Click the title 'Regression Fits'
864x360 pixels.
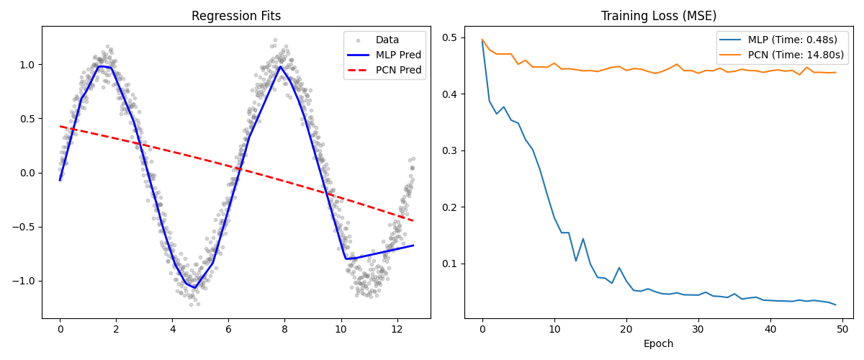tap(236, 16)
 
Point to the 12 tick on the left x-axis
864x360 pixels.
tap(397, 329)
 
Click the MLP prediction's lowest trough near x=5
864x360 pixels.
tap(194, 288)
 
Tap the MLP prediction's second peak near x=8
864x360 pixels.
tap(280, 67)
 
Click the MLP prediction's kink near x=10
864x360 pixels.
tap(346, 258)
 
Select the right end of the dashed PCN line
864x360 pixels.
tap(413, 221)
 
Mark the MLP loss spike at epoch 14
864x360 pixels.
tap(583, 239)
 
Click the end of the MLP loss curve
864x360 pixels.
tap(835, 305)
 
